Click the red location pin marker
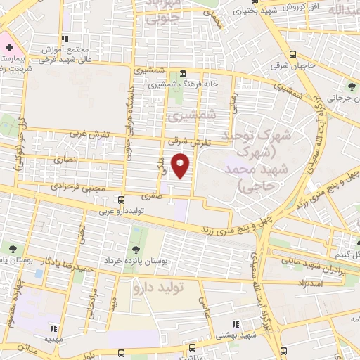[182, 165]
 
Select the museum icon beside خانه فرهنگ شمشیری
[183, 73]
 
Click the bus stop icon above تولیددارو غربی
[122, 200]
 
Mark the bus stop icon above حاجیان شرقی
[292, 54]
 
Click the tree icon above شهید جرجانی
[351, 87]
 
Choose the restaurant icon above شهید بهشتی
[236, 324]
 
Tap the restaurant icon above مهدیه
[53, 327]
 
